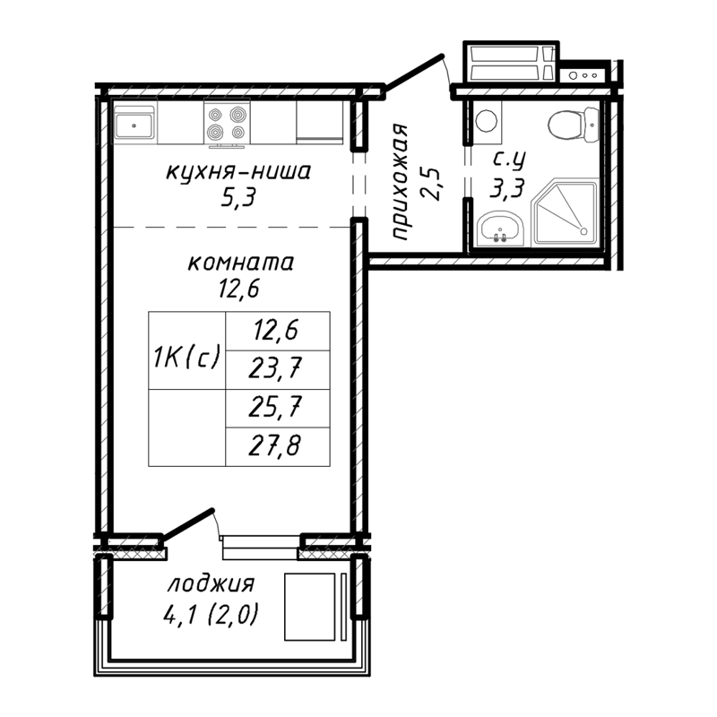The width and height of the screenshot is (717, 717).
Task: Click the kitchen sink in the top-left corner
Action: pyautogui.click(x=135, y=123)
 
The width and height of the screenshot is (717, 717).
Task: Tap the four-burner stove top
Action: pyautogui.click(x=226, y=125)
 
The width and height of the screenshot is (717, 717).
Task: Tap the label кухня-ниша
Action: pyautogui.click(x=238, y=172)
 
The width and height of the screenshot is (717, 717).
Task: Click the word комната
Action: pyautogui.click(x=239, y=264)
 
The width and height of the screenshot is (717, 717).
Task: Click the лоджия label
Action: pyautogui.click(x=211, y=585)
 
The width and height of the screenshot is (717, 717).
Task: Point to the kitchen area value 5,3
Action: pyautogui.click(x=238, y=198)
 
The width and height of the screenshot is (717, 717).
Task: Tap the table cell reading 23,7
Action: pyautogui.click(x=277, y=369)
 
